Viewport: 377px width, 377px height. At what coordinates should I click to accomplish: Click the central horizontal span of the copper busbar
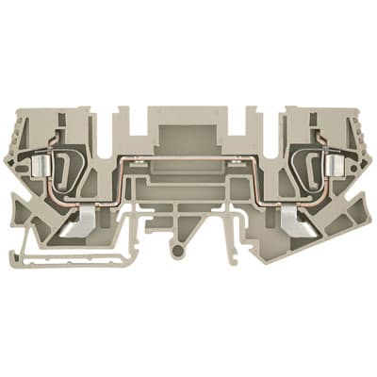pyautogui.click(x=188, y=158)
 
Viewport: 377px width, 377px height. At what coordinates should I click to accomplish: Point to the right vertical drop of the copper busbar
pyautogui.click(x=262, y=183)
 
